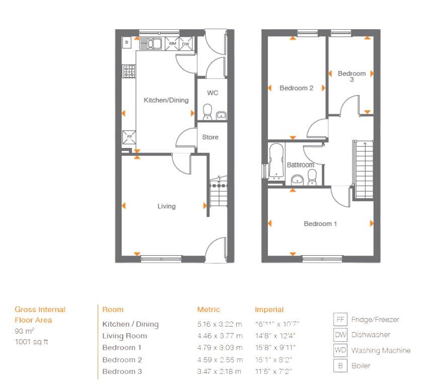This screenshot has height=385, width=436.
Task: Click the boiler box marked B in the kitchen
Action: (126, 43)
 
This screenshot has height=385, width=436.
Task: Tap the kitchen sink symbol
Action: (151, 43)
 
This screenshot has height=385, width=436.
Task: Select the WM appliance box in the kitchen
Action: (172, 44)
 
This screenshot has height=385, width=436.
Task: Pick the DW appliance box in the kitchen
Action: (185, 44)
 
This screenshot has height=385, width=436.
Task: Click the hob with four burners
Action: (129, 71)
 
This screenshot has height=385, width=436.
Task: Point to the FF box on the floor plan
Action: (129, 137)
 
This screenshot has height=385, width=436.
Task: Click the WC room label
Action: (212, 93)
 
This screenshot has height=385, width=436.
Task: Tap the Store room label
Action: (210, 137)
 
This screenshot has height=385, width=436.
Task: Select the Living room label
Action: (167, 206)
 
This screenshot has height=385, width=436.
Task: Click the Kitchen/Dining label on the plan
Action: (166, 100)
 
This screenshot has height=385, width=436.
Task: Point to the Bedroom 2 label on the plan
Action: (297, 88)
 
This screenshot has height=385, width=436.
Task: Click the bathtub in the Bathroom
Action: (276, 161)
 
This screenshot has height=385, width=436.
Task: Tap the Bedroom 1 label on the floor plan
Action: (320, 224)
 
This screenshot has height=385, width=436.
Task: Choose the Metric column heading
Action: (208, 310)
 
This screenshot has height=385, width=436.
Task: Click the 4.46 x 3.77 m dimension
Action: (220, 336)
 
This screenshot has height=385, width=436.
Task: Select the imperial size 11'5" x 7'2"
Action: (273, 371)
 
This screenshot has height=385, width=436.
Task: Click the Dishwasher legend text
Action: (371, 335)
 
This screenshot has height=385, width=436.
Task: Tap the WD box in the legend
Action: (340, 350)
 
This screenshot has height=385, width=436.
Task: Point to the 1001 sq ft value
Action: (31, 342)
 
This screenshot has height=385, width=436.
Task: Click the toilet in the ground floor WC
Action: (207, 112)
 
